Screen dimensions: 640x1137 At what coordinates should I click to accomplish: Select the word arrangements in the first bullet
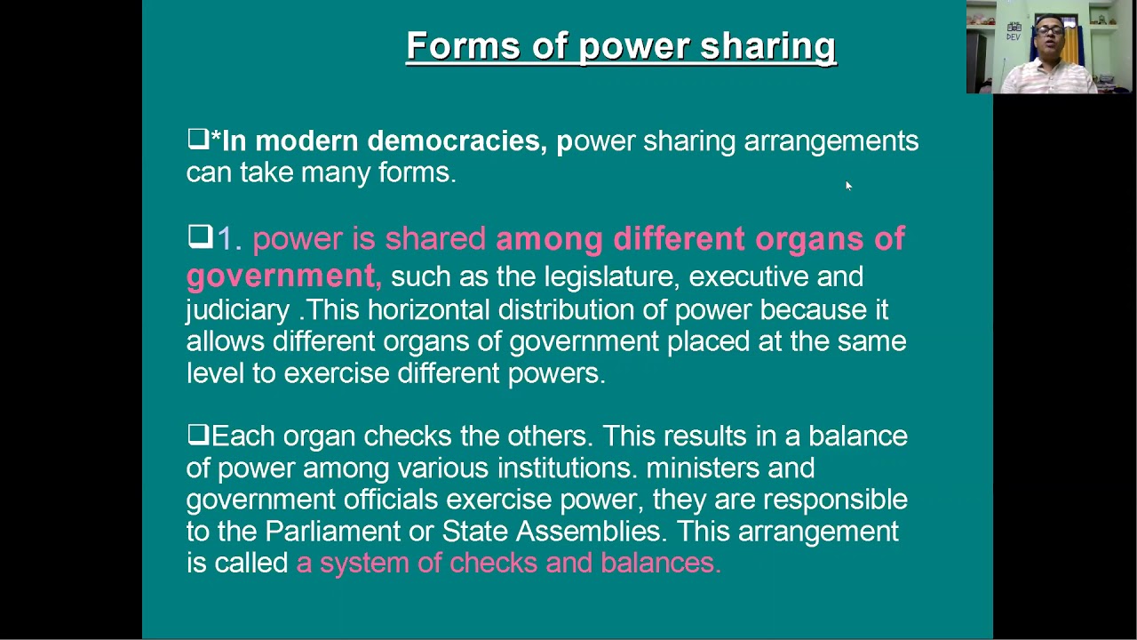click(x=831, y=141)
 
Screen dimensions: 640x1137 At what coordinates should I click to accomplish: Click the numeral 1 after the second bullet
click(x=224, y=238)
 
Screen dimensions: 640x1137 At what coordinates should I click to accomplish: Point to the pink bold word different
click(x=679, y=238)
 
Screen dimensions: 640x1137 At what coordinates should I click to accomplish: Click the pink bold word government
click(x=281, y=276)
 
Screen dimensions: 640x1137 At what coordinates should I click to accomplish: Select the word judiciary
click(x=237, y=310)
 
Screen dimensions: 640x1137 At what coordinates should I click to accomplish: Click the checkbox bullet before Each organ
click(x=197, y=435)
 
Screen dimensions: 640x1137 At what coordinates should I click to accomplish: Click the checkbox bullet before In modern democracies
click(x=197, y=139)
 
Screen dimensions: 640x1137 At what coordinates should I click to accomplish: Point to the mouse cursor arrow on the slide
click(x=848, y=185)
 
